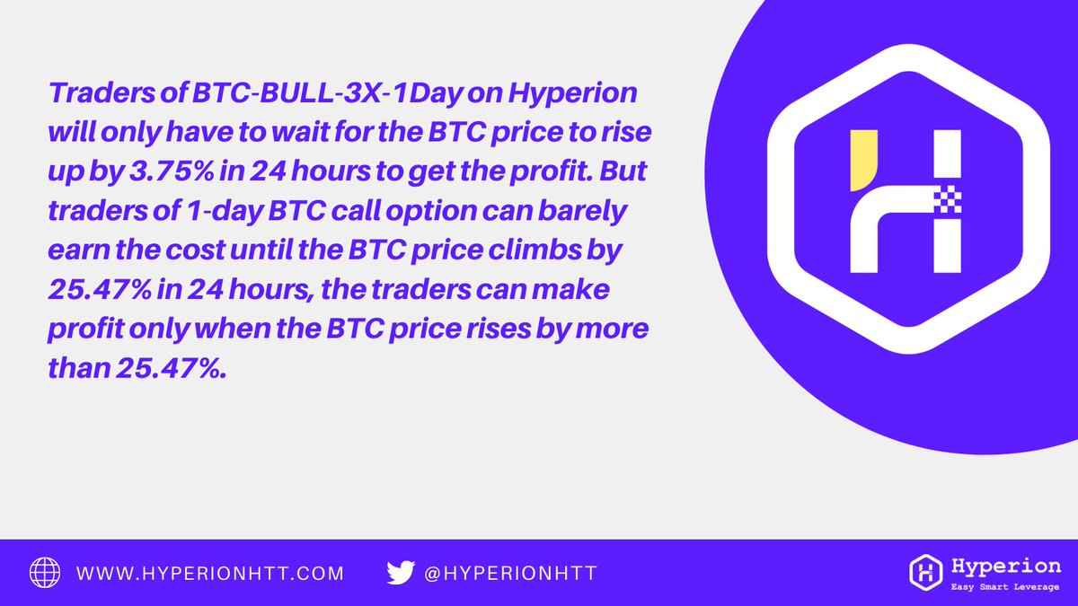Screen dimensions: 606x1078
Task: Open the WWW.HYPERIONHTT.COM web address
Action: coord(210,573)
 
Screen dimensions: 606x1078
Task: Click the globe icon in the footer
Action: coord(44,573)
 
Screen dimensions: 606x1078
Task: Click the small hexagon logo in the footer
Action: coord(924,573)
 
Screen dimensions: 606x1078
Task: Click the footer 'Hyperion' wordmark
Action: coord(1004,566)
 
